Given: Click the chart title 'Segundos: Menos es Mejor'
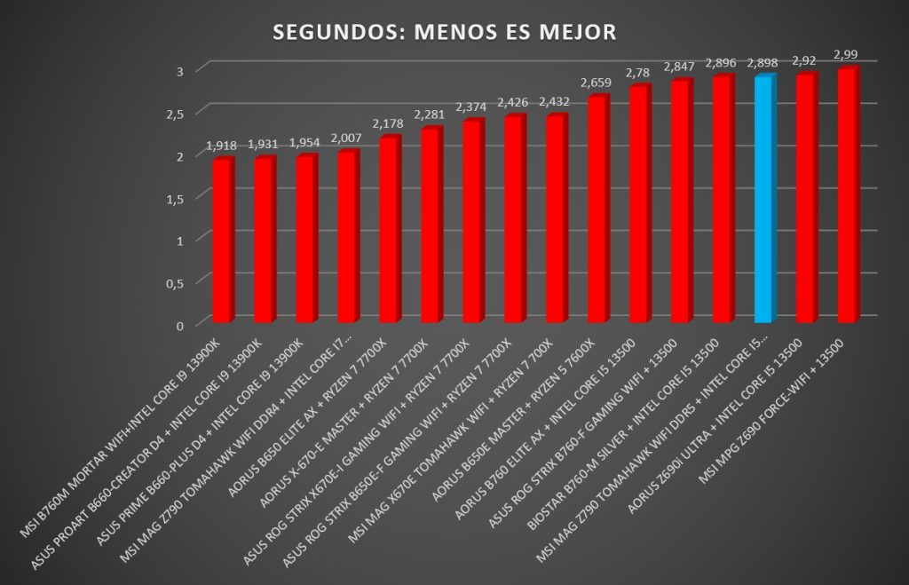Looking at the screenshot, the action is [x=444, y=32].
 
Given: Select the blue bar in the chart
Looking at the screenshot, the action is [x=764, y=198].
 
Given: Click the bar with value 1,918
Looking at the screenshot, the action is [x=223, y=240].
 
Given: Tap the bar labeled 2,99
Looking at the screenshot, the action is [x=848, y=194].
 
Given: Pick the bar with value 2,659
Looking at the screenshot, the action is [x=597, y=209].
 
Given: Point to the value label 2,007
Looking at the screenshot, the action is [x=345, y=138].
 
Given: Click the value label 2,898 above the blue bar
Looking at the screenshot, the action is [x=763, y=63].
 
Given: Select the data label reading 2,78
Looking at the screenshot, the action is [x=637, y=73].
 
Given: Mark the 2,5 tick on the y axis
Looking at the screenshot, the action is [x=175, y=114].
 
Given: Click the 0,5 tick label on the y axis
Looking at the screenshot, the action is [x=175, y=283].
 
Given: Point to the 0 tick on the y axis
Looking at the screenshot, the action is [x=180, y=325].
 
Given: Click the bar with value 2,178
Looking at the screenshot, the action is [x=390, y=229].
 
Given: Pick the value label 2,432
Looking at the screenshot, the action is [x=554, y=101].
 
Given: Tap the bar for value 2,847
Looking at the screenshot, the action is [x=681, y=201].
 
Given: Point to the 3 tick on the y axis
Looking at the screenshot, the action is [x=180, y=71].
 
